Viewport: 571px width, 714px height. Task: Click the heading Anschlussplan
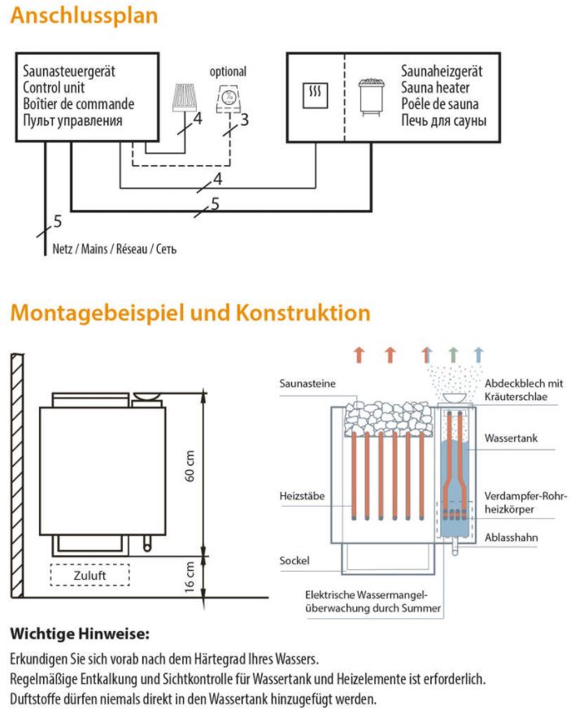point(85,16)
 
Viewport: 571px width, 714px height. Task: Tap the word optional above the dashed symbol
point(228,72)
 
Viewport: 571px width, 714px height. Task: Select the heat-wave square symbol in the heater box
point(315,95)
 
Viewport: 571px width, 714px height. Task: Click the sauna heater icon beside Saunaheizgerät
point(371,97)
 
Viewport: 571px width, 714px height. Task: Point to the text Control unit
point(54,88)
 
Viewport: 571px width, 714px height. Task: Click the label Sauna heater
point(435,88)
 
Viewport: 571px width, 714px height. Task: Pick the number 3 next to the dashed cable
point(245,120)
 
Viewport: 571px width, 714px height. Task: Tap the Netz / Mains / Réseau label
point(115,249)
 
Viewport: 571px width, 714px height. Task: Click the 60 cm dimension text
point(190,466)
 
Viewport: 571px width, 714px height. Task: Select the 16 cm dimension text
point(190,577)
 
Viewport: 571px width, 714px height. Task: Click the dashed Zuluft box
point(89,575)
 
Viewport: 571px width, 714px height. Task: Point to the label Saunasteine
point(307,383)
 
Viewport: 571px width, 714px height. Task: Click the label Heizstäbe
point(302,495)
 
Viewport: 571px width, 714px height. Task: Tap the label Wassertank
point(511,438)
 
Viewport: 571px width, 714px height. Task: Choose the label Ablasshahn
point(511,538)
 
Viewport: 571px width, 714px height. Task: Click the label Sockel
point(294,560)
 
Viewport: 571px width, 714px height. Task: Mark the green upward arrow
point(452,355)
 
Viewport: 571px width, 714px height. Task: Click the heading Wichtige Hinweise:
point(80,633)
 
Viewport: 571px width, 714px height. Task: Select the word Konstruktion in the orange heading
point(303,313)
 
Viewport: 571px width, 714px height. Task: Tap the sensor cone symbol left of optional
point(185,97)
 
